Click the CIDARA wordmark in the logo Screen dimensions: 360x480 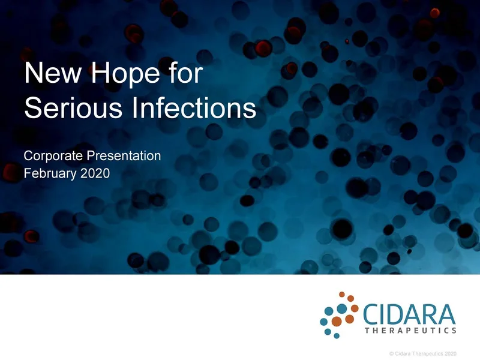coord(407,314)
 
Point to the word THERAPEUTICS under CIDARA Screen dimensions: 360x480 coord(410,330)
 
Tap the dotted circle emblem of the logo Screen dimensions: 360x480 coord(339,313)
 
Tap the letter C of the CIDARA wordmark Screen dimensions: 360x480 coord(370,314)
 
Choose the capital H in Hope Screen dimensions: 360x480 coord(95,74)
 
